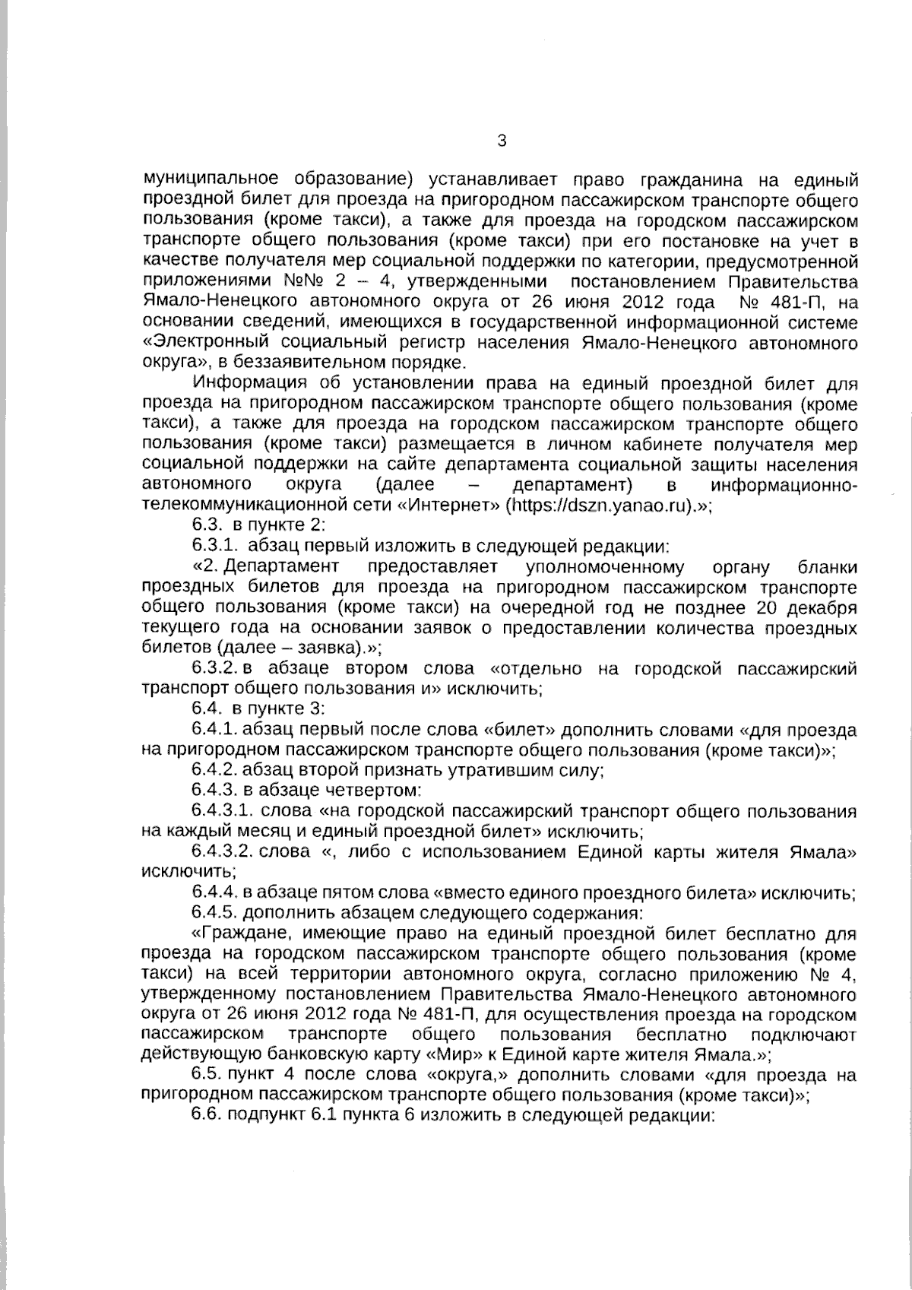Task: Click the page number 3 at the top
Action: (501, 141)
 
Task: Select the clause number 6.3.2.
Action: (216, 668)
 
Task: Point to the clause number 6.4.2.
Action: (216, 770)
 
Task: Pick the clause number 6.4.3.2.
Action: (223, 852)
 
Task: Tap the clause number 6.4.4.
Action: (216, 893)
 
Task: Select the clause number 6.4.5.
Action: (216, 913)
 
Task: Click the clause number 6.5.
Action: (206, 1076)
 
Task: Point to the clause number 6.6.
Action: (206, 1117)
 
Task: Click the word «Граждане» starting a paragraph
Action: (242, 933)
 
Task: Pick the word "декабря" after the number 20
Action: (824, 607)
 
